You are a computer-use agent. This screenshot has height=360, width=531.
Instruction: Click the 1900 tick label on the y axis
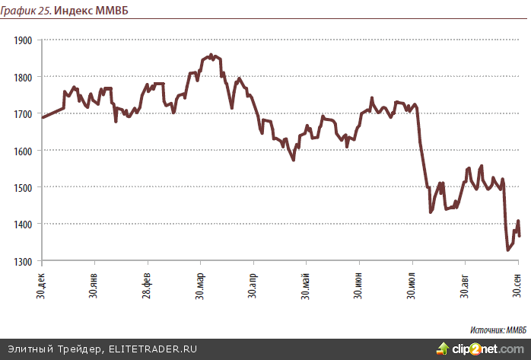[x=23, y=40]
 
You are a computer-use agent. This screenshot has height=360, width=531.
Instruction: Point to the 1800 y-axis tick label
[x=23, y=77]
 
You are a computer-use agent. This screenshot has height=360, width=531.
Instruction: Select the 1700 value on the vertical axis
[x=23, y=113]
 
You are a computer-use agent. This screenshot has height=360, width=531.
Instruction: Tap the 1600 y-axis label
[x=23, y=151]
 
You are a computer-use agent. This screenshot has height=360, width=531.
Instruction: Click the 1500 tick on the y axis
[x=23, y=187]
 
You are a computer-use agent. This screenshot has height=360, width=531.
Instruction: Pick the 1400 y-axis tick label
[x=23, y=224]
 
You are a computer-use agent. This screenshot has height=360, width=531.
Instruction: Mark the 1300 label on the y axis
[x=23, y=261]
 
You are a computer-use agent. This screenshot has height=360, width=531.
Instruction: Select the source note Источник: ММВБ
[x=498, y=330]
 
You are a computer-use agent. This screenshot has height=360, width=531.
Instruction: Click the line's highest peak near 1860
[x=211, y=55]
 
